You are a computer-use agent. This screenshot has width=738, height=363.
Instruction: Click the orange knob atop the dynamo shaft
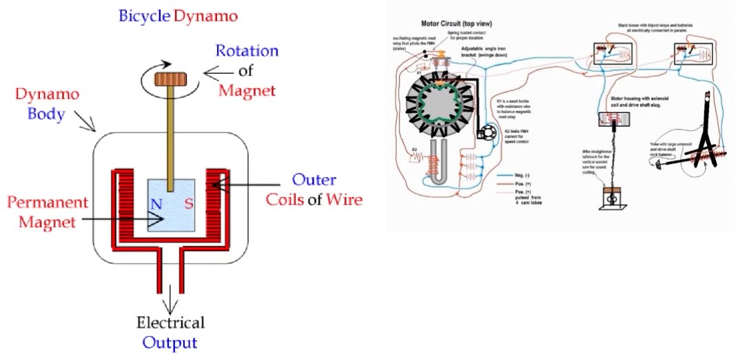(x=167, y=79)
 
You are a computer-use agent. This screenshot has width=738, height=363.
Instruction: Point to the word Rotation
(x=246, y=52)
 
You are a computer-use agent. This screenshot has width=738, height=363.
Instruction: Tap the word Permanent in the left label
(x=48, y=203)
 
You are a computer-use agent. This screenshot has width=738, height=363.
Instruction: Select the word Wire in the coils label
(x=343, y=200)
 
